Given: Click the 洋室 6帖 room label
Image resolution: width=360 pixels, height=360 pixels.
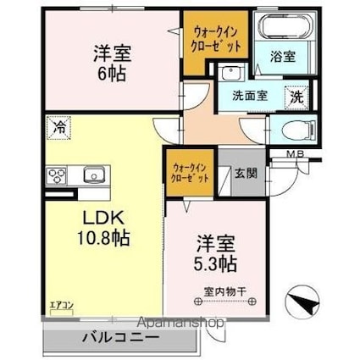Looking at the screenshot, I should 110,63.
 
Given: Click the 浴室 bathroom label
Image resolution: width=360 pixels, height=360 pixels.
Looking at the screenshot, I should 281,58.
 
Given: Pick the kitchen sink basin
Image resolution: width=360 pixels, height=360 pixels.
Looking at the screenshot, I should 92,175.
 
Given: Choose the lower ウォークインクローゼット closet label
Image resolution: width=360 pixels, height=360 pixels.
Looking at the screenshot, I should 190,171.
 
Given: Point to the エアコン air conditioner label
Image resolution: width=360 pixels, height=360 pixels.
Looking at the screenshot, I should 60,305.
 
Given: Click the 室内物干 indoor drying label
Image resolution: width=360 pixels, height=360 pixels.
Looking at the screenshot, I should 224,292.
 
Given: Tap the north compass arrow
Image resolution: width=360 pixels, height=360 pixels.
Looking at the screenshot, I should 302,302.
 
